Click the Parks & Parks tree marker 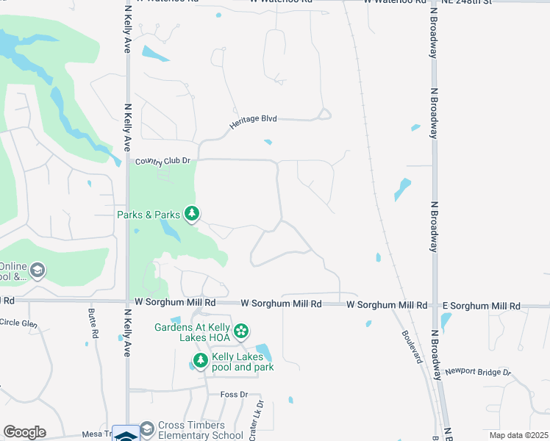(192, 214)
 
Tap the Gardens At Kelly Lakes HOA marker (240, 332)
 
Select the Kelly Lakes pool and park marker (199, 361)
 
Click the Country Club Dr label (162, 161)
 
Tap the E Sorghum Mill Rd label (481, 306)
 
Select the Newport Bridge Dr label (477, 372)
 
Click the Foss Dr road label (235, 395)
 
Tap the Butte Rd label (93, 328)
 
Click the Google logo (24, 432)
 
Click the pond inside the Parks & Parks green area (170, 232)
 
